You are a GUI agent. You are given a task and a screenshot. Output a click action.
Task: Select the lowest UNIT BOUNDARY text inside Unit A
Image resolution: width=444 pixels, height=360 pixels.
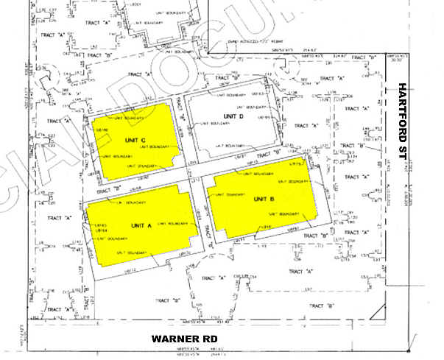(x=130, y=253)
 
